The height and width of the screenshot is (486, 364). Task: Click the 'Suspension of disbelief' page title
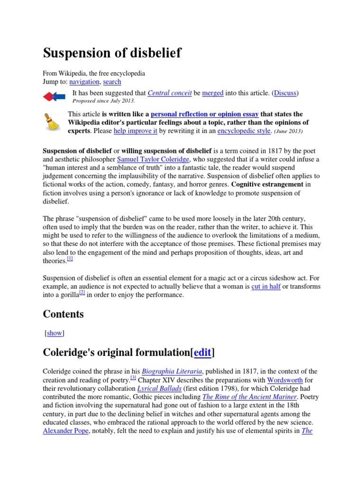[112, 53]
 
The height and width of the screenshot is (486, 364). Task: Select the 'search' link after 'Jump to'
[112, 82]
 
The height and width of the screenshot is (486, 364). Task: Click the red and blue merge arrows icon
[55, 97]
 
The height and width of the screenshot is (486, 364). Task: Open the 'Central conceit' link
[170, 93]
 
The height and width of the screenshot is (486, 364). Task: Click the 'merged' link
[213, 93]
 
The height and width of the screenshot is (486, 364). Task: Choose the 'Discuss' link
[285, 93]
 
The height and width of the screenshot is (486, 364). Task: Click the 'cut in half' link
[266, 287]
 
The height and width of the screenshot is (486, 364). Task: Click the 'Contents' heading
[63, 314]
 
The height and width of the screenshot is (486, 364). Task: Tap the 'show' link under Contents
[55, 333]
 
